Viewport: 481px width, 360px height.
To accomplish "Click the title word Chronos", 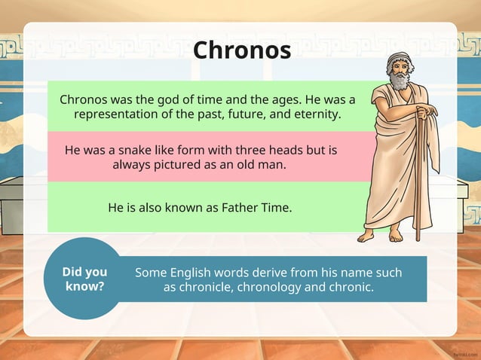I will [241, 50].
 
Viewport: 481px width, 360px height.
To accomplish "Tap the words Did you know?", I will [84, 279].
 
